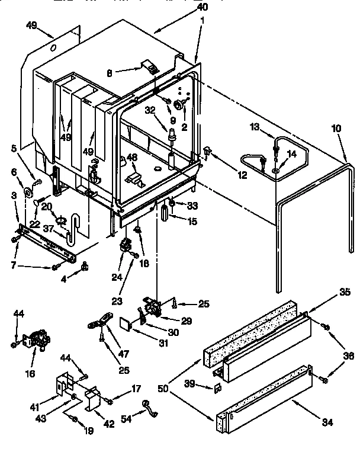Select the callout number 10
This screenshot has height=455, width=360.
[336, 129]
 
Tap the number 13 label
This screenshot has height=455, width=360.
[254, 126]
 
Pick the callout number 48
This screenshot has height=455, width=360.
[132, 158]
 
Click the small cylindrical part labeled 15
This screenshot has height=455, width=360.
[162, 213]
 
